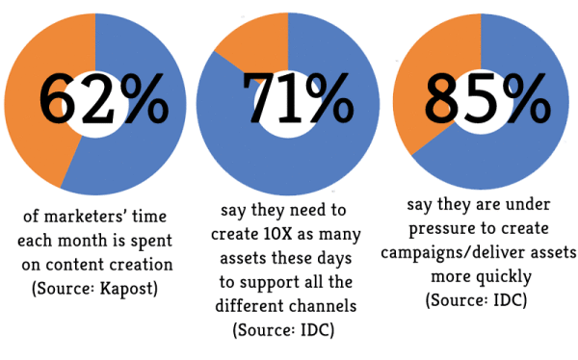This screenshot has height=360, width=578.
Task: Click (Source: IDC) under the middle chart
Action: click(279, 328)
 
